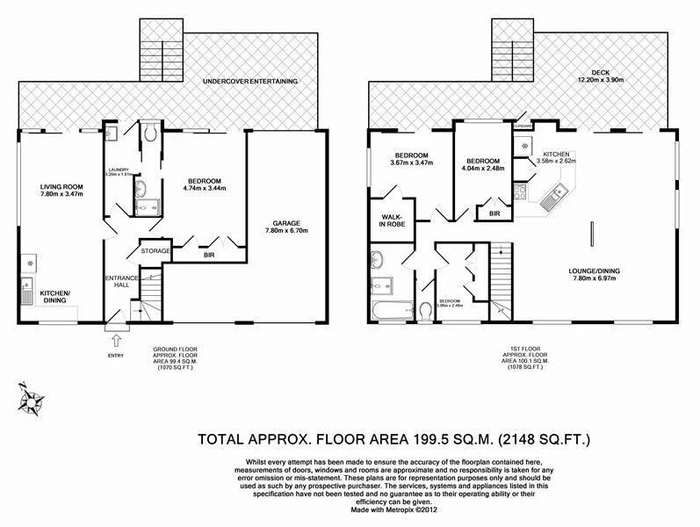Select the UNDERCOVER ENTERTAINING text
(x=249, y=81)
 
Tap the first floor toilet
(x=425, y=310)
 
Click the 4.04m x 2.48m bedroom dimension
(x=483, y=170)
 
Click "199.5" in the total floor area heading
(x=408, y=437)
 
